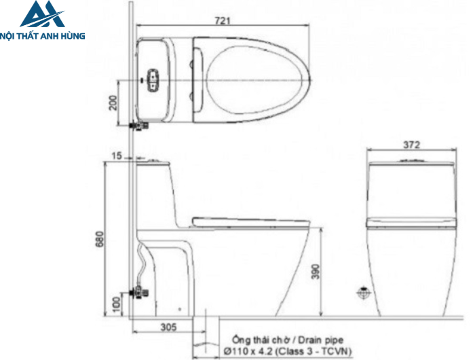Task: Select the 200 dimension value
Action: (x=113, y=103)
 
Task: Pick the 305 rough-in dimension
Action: (x=168, y=327)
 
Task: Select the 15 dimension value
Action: (x=117, y=156)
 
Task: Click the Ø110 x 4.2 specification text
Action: (x=248, y=350)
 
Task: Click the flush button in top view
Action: (x=153, y=79)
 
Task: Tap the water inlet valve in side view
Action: (x=140, y=294)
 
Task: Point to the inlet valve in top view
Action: (x=138, y=126)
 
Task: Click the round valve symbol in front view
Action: (x=364, y=293)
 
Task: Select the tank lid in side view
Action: (x=155, y=162)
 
